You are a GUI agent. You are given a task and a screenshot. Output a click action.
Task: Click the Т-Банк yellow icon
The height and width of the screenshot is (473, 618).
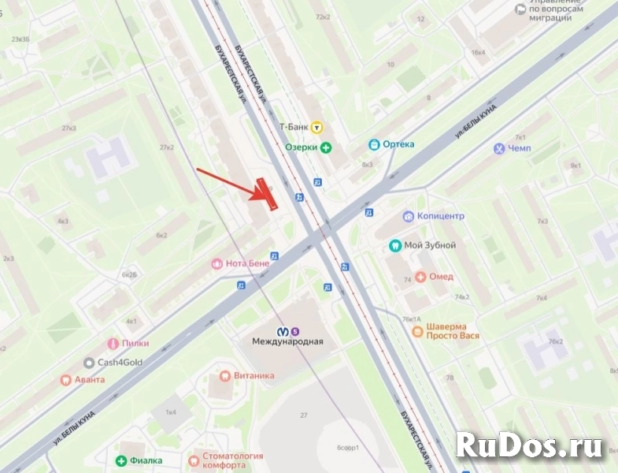click(316, 126)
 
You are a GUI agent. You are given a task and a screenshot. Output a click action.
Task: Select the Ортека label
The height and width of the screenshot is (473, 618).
click(398, 145)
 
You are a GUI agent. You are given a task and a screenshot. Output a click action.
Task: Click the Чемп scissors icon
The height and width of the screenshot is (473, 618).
click(499, 148)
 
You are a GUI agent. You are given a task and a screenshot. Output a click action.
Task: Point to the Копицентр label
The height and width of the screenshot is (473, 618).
click(440, 216)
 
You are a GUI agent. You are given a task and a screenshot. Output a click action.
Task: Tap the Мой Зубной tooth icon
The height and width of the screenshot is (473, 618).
click(396, 245)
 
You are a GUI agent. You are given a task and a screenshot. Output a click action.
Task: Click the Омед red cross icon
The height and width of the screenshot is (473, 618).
click(421, 277)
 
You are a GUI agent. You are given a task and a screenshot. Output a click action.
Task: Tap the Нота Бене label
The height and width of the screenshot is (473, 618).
click(247, 264)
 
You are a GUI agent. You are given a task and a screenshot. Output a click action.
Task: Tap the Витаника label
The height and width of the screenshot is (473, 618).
click(252, 376)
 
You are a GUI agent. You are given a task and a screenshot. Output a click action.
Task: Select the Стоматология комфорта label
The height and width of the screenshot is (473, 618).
click(236, 460)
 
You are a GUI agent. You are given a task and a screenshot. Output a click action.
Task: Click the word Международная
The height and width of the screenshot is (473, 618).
click(287, 342)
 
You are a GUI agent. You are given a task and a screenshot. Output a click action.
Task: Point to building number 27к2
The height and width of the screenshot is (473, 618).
click(166, 147)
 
